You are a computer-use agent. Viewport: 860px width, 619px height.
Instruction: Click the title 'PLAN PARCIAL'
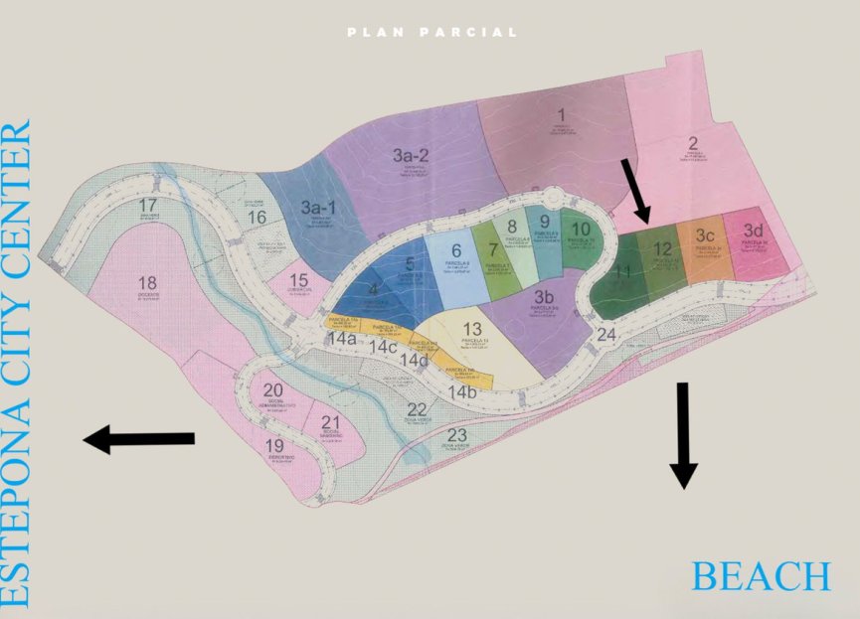432,33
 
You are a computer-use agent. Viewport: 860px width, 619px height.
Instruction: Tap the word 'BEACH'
761,576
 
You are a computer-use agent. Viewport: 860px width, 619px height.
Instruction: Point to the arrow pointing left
138,438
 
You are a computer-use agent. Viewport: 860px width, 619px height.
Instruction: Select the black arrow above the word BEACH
682,434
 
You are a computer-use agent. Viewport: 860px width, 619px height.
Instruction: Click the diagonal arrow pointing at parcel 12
634,190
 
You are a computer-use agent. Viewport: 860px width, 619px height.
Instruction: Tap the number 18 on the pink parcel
148,283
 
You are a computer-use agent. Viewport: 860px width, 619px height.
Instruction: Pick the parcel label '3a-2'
410,155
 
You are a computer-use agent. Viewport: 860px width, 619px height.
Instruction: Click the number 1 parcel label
561,114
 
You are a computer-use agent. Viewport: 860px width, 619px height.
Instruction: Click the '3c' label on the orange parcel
705,235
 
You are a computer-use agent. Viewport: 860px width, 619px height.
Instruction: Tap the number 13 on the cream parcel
472,329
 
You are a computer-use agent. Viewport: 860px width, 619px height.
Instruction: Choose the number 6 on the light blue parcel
456,250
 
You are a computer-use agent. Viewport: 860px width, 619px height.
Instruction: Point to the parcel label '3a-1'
318,208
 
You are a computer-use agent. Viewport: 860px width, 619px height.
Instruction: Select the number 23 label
456,435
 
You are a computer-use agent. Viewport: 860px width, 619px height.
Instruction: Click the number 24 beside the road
606,335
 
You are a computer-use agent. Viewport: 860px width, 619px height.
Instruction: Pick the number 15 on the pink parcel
298,281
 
